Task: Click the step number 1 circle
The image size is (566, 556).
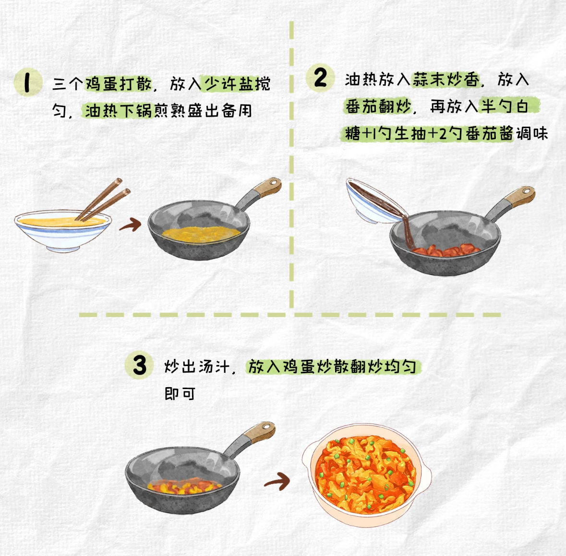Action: pyautogui.click(x=28, y=82)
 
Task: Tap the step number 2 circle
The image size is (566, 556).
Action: pyautogui.click(x=321, y=77)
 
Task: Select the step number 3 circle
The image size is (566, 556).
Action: pyautogui.click(x=139, y=365)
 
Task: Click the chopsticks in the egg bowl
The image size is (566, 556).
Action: pyautogui.click(x=103, y=200)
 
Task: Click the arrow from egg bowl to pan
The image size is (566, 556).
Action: pyautogui.click(x=130, y=225)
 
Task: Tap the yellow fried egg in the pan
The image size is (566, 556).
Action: pyautogui.click(x=201, y=234)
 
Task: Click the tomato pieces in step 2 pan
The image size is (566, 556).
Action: pyautogui.click(x=446, y=250)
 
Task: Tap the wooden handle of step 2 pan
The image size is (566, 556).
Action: pyautogui.click(x=520, y=197)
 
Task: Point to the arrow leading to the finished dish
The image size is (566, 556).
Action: pyautogui.click(x=277, y=481)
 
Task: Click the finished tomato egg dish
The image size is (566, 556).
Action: pyautogui.click(x=366, y=474)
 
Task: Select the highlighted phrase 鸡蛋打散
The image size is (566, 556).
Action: pyautogui.click(x=119, y=84)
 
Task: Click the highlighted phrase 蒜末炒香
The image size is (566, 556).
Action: pyautogui.click(x=446, y=80)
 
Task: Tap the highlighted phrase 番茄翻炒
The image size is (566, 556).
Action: pyautogui.click(x=378, y=106)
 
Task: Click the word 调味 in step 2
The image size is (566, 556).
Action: pyautogui.click(x=532, y=133)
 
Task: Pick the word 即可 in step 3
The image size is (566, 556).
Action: pyautogui.click(x=180, y=394)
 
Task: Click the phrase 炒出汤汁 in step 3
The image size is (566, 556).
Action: pyautogui.click(x=197, y=367)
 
